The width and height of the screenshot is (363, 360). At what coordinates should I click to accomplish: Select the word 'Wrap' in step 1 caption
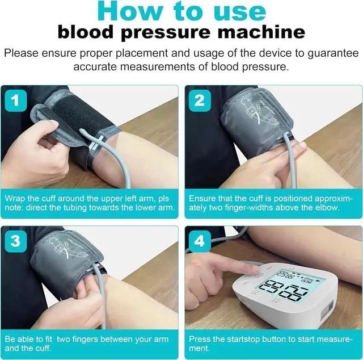pos(16,199)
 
